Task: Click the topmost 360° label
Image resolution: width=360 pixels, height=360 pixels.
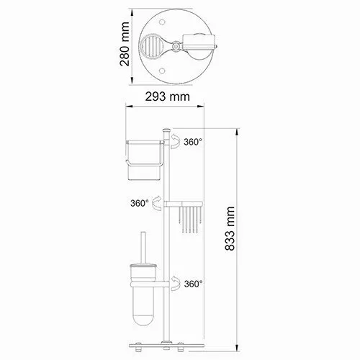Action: (194, 143)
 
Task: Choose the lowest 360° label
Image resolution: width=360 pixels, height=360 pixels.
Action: (194, 284)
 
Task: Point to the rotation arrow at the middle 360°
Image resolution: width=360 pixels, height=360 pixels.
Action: (157, 204)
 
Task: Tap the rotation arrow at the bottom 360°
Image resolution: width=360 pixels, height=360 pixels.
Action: (175, 284)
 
